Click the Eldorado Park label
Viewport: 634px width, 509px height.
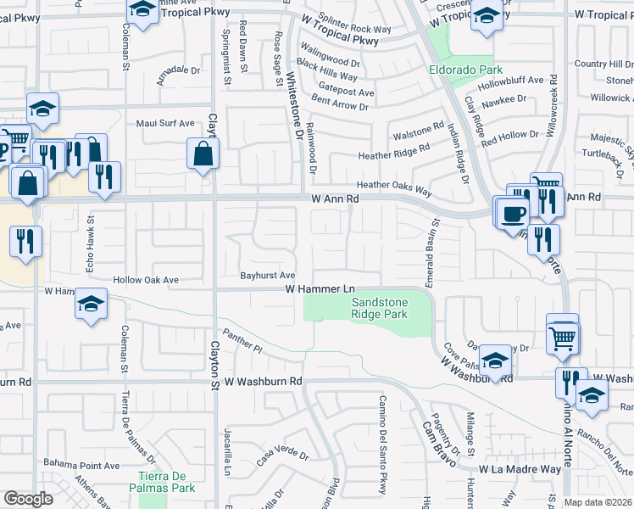click(x=465, y=70)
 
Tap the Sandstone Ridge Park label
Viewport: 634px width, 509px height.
click(x=380, y=308)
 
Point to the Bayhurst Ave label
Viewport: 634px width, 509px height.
click(x=267, y=276)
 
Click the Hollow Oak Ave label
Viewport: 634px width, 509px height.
click(x=147, y=279)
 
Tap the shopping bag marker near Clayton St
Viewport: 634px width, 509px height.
click(x=203, y=154)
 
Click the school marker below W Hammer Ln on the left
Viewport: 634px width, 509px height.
click(x=92, y=305)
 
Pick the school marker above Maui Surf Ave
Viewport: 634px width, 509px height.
click(x=42, y=109)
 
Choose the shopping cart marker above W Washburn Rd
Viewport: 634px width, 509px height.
click(x=562, y=338)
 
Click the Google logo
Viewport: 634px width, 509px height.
click(x=27, y=499)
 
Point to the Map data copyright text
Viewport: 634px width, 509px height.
click(x=598, y=502)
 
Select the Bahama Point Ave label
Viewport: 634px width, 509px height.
click(x=81, y=466)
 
